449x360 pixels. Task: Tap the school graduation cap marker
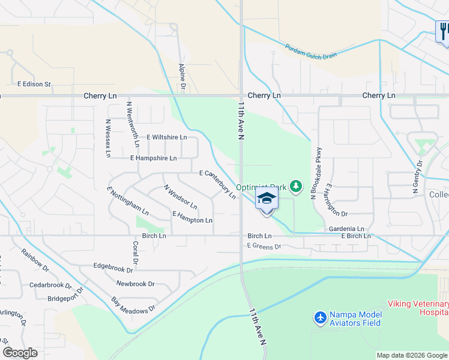(267, 199)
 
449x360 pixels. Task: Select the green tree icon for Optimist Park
(295, 188)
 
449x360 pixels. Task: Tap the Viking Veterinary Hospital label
(418, 308)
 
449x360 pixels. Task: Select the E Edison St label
(34, 85)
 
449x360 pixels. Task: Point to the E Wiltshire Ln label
(166, 137)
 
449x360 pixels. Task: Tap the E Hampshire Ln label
(154, 158)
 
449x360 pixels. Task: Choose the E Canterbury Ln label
(217, 184)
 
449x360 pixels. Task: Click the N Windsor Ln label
(180, 196)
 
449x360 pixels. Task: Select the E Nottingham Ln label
(127, 201)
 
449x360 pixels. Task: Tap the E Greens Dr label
(264, 247)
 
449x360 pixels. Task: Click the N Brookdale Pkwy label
(313, 173)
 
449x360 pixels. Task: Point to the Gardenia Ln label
(346, 229)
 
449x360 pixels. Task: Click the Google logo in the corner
(20, 353)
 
